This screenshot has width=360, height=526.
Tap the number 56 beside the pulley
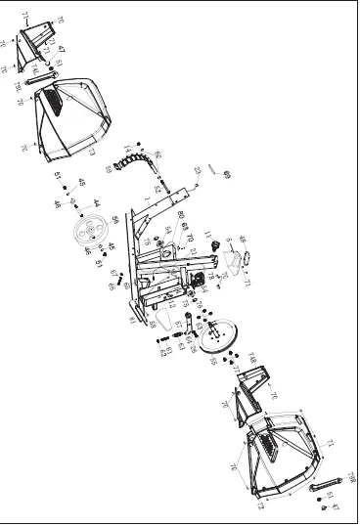(x=114, y=220)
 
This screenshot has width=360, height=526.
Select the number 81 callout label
(x=133, y=320)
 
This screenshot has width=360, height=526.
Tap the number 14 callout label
(x=127, y=149)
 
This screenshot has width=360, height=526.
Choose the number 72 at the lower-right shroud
(x=260, y=506)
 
